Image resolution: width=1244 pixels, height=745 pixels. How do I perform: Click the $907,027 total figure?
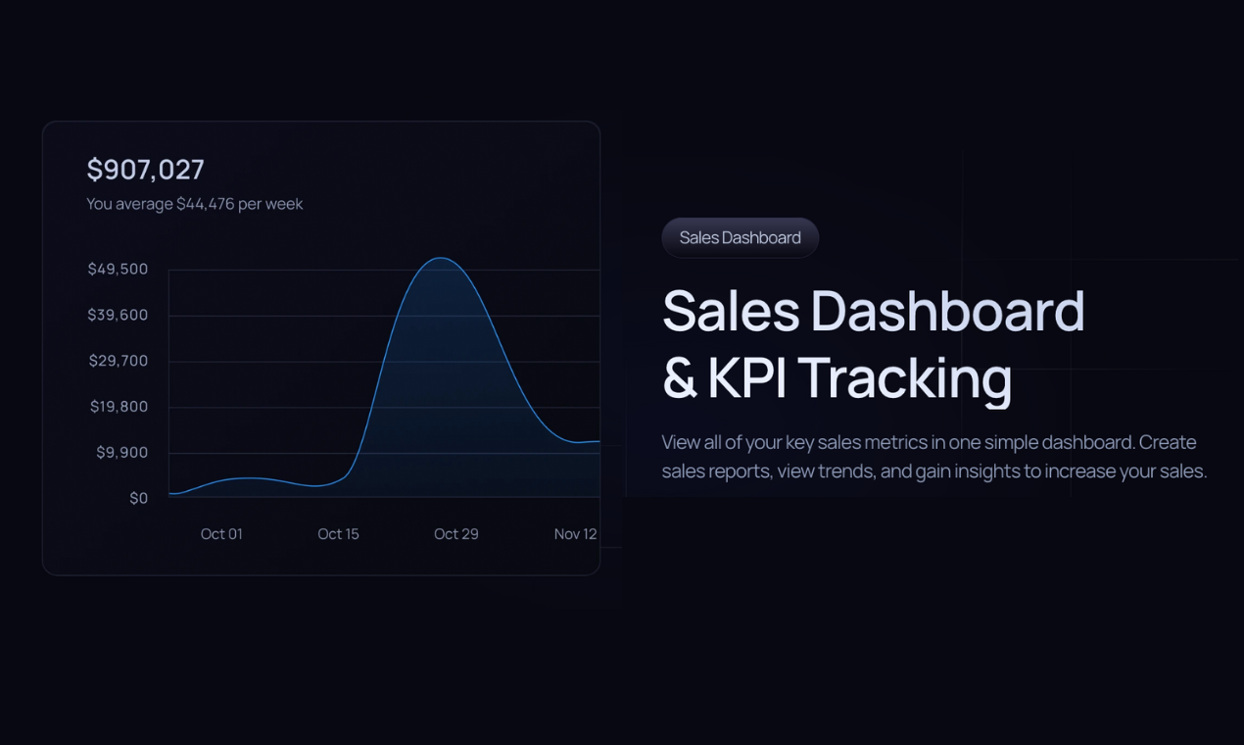145,170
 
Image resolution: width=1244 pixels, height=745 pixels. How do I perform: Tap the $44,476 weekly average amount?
205,204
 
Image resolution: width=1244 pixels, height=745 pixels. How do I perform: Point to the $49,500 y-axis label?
118,269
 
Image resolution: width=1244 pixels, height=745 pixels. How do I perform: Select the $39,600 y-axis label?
118,315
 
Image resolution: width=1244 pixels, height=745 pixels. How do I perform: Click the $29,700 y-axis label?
119,361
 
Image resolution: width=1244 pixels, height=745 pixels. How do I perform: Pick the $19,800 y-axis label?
119,407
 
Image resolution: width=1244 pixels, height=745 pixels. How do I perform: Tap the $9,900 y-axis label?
121,452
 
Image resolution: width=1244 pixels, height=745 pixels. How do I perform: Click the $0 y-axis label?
138,498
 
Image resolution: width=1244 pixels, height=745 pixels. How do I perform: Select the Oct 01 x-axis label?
221,534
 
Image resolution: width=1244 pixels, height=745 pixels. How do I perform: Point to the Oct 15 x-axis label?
338,534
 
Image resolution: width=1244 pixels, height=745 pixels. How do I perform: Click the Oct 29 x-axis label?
456,534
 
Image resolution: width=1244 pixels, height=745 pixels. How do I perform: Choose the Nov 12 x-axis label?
575,534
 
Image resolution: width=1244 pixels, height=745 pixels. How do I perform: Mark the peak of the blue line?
442,258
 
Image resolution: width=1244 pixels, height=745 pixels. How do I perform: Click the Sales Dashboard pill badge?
740,238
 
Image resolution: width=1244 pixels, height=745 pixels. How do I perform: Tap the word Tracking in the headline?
904,378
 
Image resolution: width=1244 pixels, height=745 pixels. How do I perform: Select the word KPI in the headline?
745,378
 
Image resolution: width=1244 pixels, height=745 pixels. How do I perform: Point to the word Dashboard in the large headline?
947,312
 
